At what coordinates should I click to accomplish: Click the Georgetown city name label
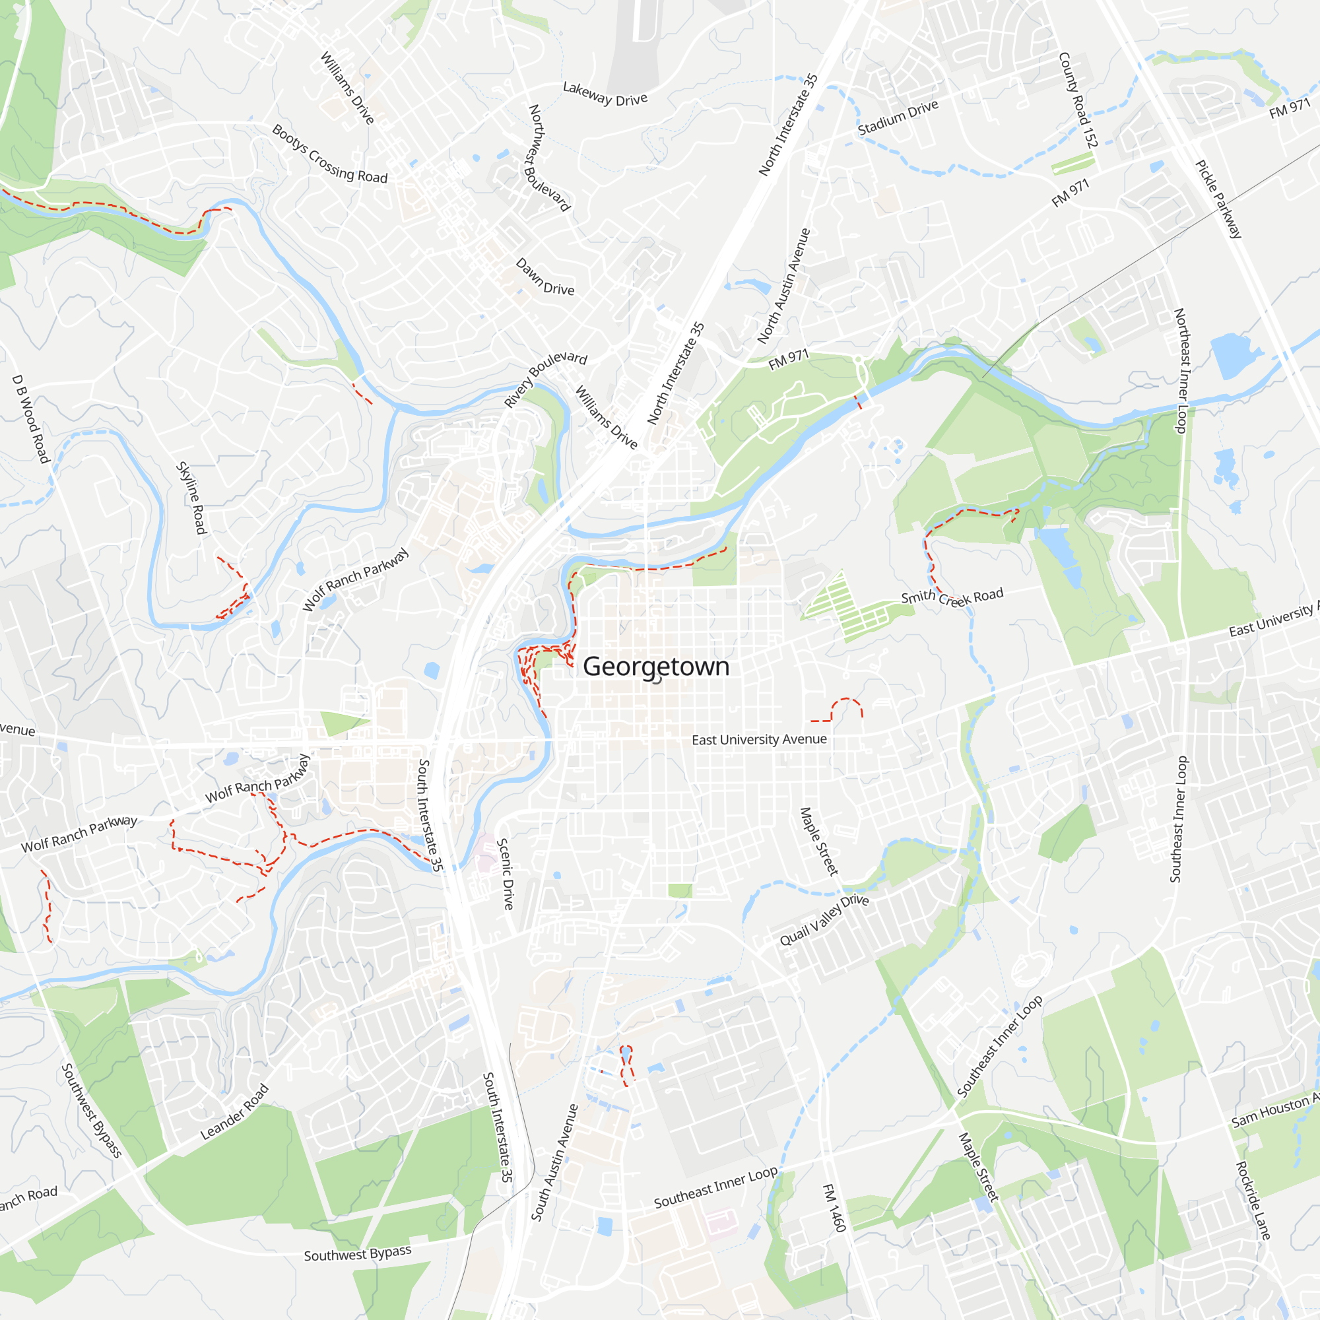click(656, 666)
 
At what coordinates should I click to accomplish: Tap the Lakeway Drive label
click(605, 94)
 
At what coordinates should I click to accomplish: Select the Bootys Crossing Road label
click(329, 154)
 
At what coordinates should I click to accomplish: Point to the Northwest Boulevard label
click(548, 158)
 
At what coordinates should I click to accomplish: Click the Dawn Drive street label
click(544, 277)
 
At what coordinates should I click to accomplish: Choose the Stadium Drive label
click(898, 117)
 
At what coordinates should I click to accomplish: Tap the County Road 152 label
click(1078, 100)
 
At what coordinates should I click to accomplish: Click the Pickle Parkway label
click(1218, 199)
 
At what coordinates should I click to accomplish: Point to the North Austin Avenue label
click(783, 286)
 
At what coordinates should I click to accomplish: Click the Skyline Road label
click(191, 498)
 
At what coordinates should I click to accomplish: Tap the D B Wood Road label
click(32, 420)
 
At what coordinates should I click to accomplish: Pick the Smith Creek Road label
click(952, 597)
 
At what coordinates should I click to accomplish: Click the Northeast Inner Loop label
click(1181, 370)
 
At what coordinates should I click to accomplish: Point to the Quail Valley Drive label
click(824, 920)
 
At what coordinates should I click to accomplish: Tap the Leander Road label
click(234, 1112)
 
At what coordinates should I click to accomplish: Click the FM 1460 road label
click(834, 1208)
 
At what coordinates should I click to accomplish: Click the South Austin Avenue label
click(554, 1162)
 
